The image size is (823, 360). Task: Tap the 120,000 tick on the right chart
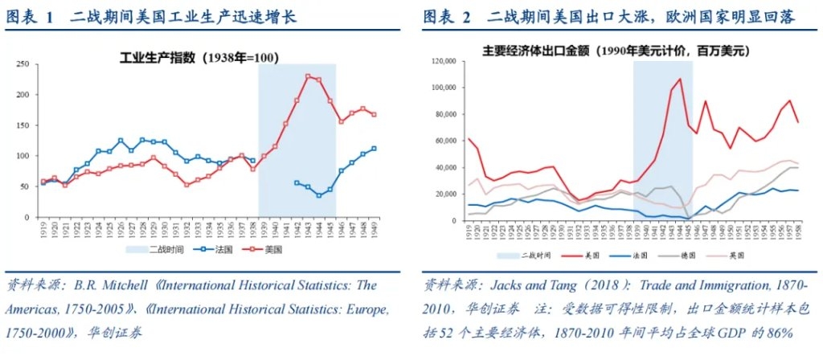444,61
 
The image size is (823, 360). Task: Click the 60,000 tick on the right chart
446,141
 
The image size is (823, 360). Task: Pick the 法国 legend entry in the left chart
209,250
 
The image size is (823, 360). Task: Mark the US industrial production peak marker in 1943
308,76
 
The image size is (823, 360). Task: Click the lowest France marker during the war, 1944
318,195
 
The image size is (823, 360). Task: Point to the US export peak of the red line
680,79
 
